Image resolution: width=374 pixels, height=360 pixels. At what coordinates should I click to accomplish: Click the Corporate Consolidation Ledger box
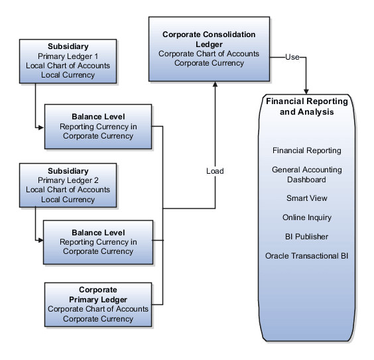coord(210,48)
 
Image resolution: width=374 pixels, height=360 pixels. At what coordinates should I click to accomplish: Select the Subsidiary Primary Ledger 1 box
coord(68,60)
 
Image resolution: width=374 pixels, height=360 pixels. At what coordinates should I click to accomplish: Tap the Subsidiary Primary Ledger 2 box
coord(68,185)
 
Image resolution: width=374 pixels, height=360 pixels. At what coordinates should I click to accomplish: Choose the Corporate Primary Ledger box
coord(97,304)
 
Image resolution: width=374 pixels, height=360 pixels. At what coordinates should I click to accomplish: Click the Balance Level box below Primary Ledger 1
coord(97,126)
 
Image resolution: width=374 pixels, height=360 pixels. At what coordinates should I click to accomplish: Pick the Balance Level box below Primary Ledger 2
coord(97,242)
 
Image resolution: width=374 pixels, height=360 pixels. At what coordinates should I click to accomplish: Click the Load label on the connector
coord(215,171)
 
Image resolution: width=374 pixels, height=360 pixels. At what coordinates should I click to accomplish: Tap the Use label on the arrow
coord(292,57)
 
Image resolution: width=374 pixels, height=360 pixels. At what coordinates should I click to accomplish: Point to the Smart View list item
coord(306,198)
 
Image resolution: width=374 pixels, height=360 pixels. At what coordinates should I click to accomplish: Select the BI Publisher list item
coord(306,237)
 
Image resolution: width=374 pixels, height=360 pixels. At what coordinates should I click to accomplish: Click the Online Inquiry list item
coord(306,217)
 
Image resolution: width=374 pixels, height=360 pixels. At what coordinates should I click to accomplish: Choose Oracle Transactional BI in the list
coord(306,256)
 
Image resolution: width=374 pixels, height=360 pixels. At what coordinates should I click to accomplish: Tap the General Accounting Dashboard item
coord(306,174)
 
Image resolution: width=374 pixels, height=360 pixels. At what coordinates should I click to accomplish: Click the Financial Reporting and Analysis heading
coord(306,107)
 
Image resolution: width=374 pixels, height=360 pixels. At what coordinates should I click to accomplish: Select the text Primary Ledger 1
coord(68,56)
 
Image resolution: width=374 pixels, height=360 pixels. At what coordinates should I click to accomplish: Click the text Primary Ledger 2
coord(68,180)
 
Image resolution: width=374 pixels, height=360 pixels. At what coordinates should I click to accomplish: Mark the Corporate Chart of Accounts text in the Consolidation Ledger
coord(209,54)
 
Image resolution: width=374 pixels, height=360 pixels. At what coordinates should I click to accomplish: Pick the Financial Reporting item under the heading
coord(306,150)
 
